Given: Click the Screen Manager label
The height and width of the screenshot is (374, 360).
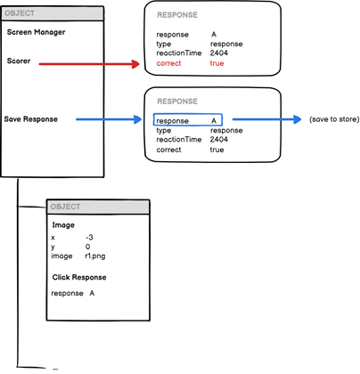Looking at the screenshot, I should point(36,32).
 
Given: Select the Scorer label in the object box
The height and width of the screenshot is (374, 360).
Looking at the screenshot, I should point(21,61).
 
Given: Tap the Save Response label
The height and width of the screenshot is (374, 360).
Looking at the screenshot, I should point(31,118).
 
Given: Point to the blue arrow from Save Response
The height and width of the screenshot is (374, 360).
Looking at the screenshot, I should point(107,118).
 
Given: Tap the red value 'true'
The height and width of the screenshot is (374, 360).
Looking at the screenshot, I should point(217,64).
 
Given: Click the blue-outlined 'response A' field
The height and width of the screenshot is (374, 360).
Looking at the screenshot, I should point(186,119).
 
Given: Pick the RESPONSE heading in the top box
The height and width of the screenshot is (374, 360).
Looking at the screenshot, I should point(178,15).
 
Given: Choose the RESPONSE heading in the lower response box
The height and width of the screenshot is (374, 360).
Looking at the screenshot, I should point(178,102).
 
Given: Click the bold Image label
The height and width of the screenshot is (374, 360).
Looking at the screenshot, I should point(63,224).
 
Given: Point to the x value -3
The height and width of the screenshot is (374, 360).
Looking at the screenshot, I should point(89,237).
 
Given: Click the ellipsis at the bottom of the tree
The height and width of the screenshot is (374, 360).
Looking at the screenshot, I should point(55,366).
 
